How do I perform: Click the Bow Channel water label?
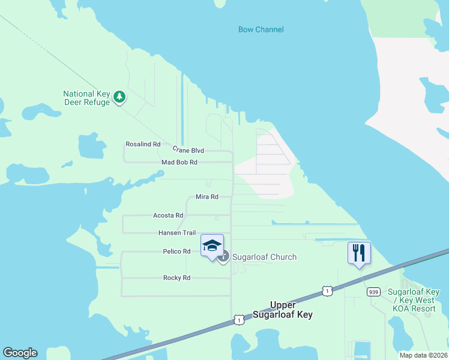pos(261,29)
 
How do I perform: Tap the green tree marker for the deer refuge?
pos(119,97)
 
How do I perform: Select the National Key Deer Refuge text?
pos(87,98)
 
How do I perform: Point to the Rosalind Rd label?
pos(143,144)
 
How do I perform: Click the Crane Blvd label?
pos(188,150)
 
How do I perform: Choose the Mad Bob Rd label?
pos(179,163)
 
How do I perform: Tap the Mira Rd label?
pos(206,197)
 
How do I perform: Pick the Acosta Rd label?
pos(167,215)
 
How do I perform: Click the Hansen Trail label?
pos(177,233)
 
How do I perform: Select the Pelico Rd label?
pos(176,251)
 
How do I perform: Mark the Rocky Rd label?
pos(176,278)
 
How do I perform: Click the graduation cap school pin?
pos(212,246)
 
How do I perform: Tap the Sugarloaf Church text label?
pos(264,257)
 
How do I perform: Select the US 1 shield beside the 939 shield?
pos(327,291)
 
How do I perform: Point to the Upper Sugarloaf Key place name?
pos(283,310)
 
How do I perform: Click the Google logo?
pos(20,353)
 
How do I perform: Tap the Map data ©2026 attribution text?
pos(423,355)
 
